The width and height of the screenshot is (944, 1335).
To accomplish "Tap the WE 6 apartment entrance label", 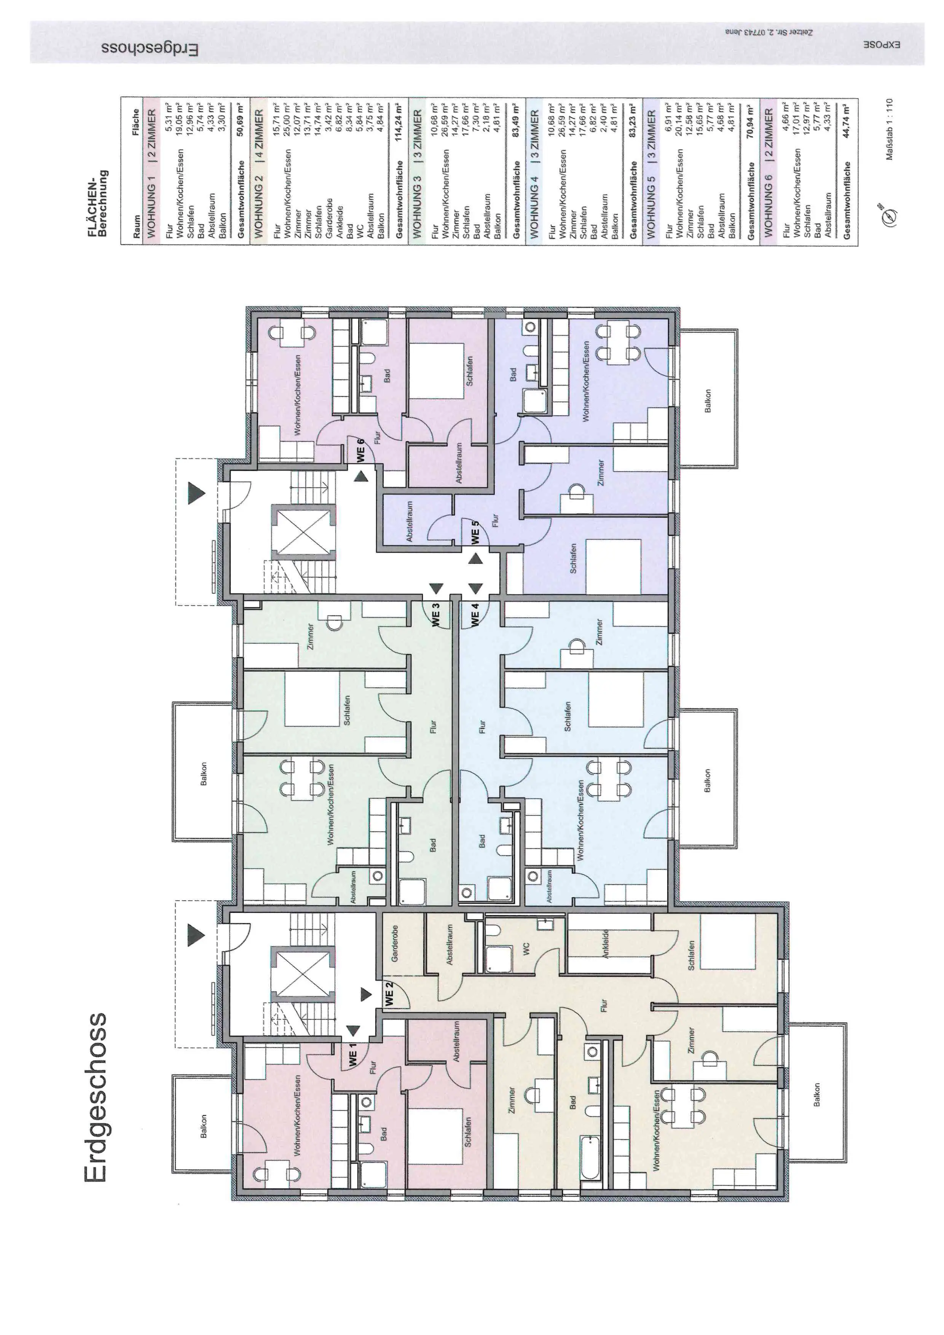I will (361, 450).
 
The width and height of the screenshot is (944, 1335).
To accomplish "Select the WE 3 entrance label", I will (435, 615).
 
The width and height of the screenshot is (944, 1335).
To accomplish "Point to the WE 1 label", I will (352, 1055).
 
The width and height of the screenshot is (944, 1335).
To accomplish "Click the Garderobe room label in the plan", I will (395, 943).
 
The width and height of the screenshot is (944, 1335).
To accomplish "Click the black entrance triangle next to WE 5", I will (475, 559).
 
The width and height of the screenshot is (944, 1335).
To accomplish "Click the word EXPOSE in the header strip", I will (881, 44).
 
